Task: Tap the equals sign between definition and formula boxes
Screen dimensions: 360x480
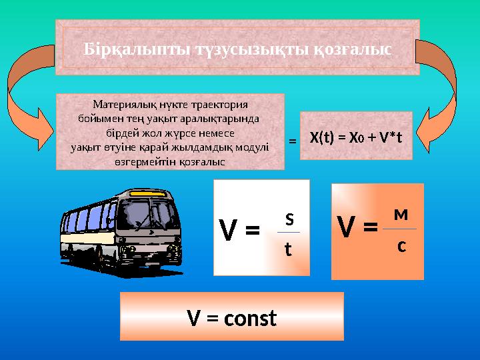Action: [292, 141]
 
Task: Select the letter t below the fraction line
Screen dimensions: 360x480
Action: [288, 249]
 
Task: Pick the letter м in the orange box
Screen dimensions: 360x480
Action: [400, 215]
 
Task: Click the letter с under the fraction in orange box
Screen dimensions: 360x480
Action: [401, 245]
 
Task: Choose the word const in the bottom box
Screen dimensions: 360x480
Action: [250, 319]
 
